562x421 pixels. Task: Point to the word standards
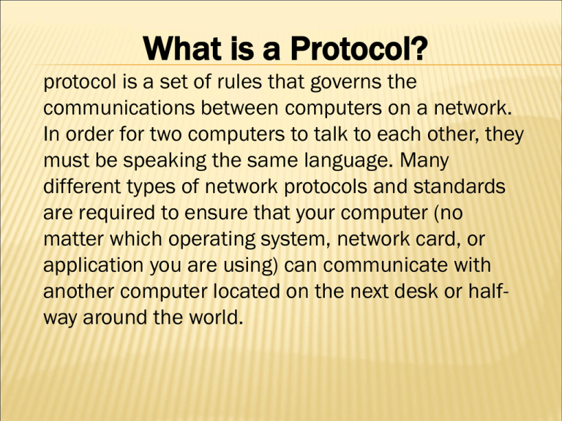tap(450, 187)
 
